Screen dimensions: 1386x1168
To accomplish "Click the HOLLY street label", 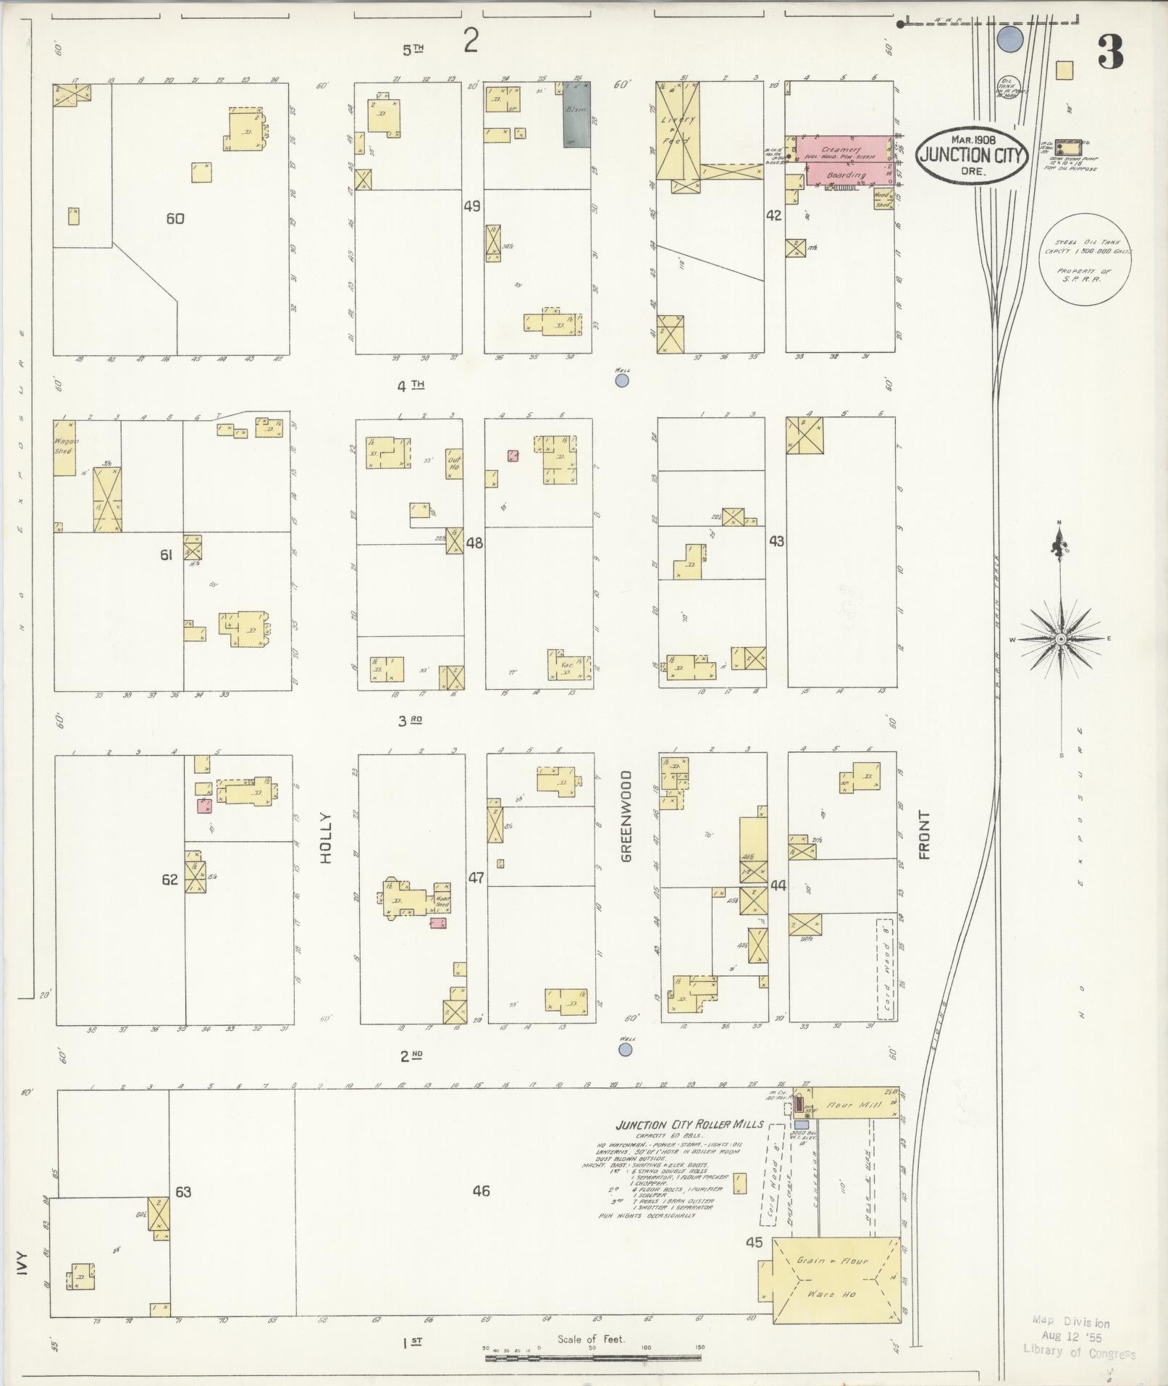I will [325, 838].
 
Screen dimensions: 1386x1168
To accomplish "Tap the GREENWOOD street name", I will [626, 816].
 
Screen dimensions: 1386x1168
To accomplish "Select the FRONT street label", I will [923, 835].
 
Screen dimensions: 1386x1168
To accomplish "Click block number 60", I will [175, 218].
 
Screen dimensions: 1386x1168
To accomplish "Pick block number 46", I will [481, 1190].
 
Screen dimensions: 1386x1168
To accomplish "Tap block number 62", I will [169, 880].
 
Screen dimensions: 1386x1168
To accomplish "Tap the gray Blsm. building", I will [577, 114].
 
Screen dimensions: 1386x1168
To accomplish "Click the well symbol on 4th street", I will [621, 380].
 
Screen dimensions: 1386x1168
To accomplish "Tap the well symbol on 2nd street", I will [626, 1049].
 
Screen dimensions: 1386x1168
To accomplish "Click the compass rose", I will [1061, 638].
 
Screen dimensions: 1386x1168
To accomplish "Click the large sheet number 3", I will [1110, 52].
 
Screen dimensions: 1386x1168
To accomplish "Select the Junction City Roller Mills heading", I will [689, 1124].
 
